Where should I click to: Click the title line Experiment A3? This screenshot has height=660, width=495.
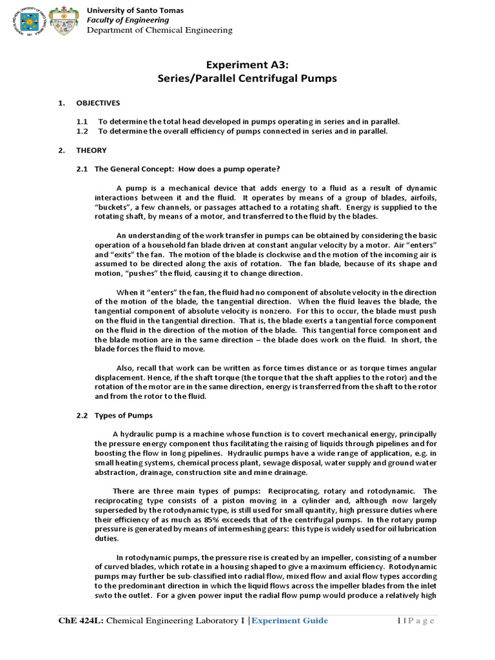(x=247, y=65)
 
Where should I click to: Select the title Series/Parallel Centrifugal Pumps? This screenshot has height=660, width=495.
(x=247, y=79)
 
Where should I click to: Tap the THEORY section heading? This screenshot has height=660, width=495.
(x=92, y=150)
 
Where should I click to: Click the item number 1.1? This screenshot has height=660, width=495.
(x=82, y=121)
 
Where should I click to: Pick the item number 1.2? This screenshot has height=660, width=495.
(x=82, y=131)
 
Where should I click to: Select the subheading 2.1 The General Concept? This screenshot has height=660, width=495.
(x=178, y=169)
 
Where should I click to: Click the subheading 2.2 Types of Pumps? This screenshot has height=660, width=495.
(x=114, y=415)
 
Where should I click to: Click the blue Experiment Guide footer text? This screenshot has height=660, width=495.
(x=289, y=621)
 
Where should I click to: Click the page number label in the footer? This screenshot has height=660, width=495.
(x=416, y=621)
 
